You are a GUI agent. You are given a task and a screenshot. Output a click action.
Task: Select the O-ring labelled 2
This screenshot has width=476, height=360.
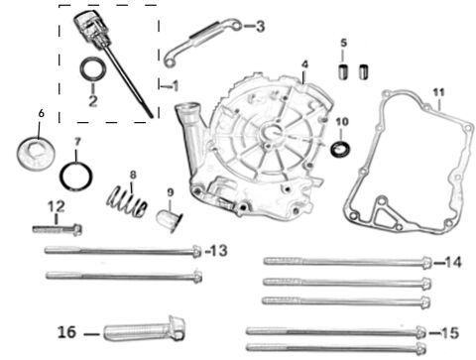click(x=91, y=71)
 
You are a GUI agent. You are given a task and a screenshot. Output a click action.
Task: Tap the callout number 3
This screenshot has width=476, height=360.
click(x=260, y=26)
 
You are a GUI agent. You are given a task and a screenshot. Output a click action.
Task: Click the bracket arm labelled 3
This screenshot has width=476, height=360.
click(x=199, y=40)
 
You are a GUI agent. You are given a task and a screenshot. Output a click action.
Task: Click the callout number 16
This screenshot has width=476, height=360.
click(x=67, y=329)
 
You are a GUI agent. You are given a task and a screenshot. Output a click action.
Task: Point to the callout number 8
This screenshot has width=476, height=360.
click(x=132, y=175)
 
